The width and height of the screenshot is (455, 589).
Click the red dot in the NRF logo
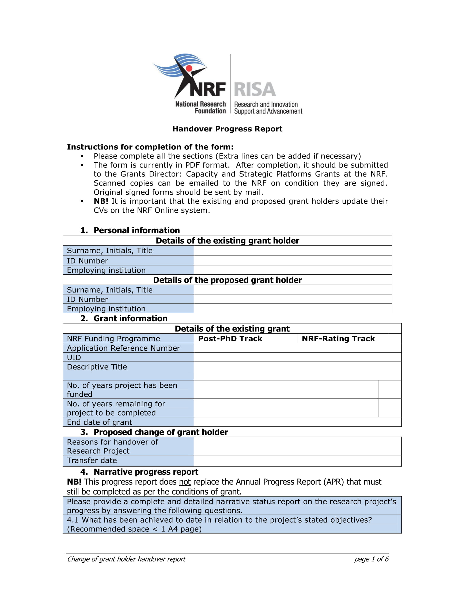189,68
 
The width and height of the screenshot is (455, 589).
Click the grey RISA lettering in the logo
255,89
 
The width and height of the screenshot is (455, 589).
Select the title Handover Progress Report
227,129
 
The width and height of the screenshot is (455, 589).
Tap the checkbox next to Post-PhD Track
289,338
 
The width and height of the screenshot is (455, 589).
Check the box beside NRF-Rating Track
394,338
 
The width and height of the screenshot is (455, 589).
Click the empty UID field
297,357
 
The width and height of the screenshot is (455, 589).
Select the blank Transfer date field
297,461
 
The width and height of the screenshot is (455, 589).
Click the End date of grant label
100,422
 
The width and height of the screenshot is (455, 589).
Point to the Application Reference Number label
123,348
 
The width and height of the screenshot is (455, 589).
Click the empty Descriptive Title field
297,371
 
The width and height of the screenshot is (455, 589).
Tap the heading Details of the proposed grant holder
227,280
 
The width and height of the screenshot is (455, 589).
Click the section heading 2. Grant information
124,318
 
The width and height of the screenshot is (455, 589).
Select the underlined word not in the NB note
185,482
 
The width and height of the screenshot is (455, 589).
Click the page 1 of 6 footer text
371,559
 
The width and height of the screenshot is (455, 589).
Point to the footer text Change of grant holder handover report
126,559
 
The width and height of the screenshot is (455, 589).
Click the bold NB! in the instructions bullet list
101,201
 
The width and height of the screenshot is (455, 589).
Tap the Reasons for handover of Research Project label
112,446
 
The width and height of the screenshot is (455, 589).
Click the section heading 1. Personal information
130,230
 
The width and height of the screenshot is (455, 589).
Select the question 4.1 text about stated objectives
219,524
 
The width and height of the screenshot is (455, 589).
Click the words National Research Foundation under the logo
200,107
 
